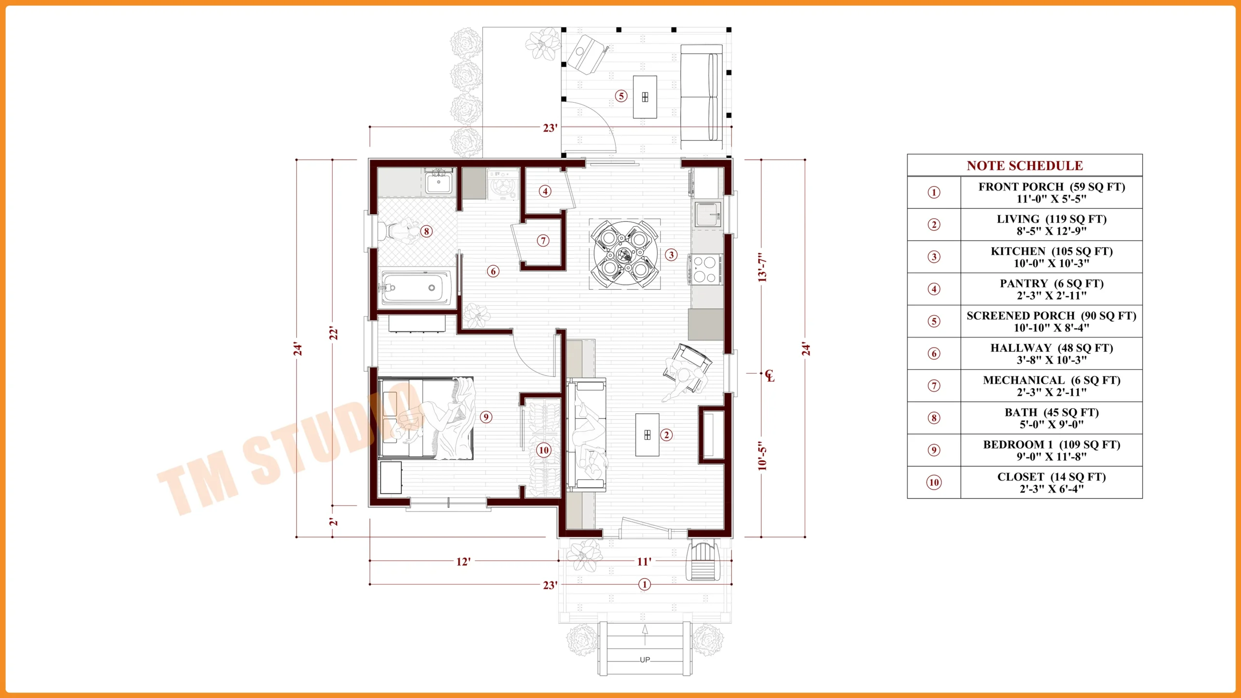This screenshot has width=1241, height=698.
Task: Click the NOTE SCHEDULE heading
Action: tap(1024, 166)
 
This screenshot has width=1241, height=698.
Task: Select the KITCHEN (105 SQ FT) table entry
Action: tap(1051, 257)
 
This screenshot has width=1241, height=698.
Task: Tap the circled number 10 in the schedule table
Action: tap(934, 482)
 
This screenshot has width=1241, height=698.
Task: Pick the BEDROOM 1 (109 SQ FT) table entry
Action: tap(1051, 450)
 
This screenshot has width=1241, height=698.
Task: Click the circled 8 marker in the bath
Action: tap(426, 231)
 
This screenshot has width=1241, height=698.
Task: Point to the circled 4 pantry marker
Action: tap(545, 191)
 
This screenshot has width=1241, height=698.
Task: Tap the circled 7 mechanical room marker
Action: tap(543, 240)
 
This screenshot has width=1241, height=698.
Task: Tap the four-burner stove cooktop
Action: tap(704, 270)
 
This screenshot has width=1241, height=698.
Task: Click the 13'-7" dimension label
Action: tap(763, 267)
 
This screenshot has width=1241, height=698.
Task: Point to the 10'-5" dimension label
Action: tap(763, 456)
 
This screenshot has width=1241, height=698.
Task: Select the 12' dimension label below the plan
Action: tap(463, 562)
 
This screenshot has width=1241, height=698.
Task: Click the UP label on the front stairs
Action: tap(645, 660)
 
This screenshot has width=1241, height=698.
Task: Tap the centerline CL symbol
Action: tap(770, 376)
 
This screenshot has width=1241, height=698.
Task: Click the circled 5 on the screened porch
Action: tap(621, 96)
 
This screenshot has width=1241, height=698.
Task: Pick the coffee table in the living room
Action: tap(647, 435)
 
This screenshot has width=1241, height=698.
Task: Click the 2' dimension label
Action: tap(333, 522)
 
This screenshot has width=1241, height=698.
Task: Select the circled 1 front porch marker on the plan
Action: tap(644, 585)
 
